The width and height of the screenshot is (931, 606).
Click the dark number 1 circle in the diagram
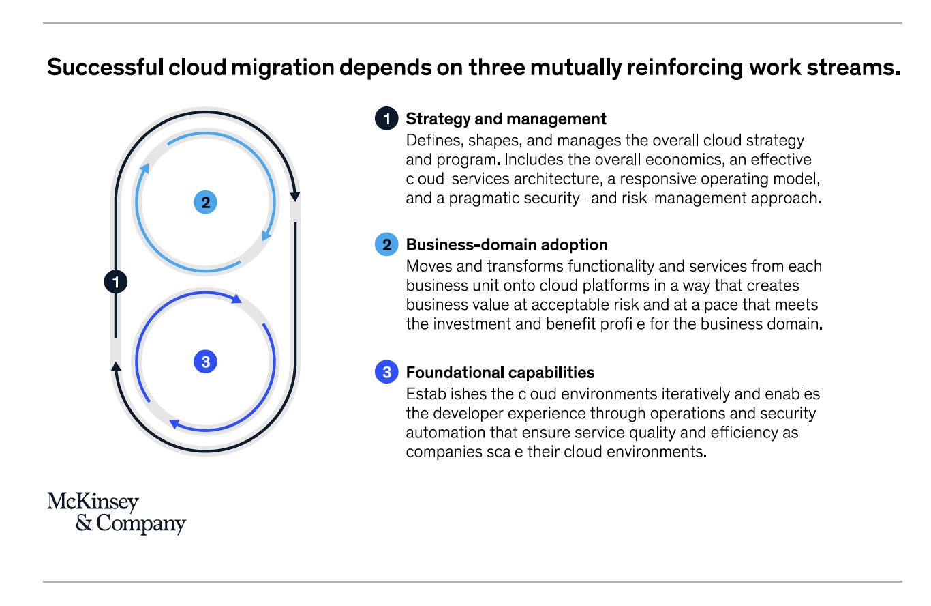tap(116, 282)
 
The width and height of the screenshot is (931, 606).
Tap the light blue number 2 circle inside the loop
tap(205, 202)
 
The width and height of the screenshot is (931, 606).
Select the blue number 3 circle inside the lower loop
tap(205, 361)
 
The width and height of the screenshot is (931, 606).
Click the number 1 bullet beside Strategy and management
tap(386, 119)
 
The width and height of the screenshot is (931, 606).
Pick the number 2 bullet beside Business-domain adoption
tap(386, 244)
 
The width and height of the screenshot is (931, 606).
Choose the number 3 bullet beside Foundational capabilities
tap(386, 372)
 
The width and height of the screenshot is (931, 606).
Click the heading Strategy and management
tap(506, 119)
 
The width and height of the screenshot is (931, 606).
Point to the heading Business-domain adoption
tap(506, 245)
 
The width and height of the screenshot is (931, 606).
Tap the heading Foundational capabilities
tap(500, 373)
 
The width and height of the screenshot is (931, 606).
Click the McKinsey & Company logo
tap(117, 513)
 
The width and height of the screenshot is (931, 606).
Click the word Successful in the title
tap(105, 67)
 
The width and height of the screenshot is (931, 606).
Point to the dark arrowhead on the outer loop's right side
tap(295, 197)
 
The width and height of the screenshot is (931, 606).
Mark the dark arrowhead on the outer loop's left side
tap(116, 366)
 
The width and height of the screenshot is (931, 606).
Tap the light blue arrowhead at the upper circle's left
tap(144, 168)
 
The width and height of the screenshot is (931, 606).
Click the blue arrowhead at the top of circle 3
tap(236, 298)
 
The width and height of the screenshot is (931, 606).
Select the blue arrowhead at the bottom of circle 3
tap(174, 424)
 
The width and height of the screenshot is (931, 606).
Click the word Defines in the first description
tap(435, 141)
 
